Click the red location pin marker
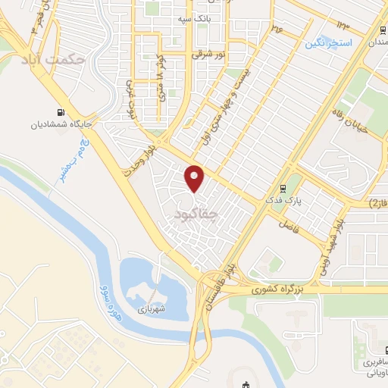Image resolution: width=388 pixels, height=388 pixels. pos(195,178)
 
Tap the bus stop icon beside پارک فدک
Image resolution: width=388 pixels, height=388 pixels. pos(283,188)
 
